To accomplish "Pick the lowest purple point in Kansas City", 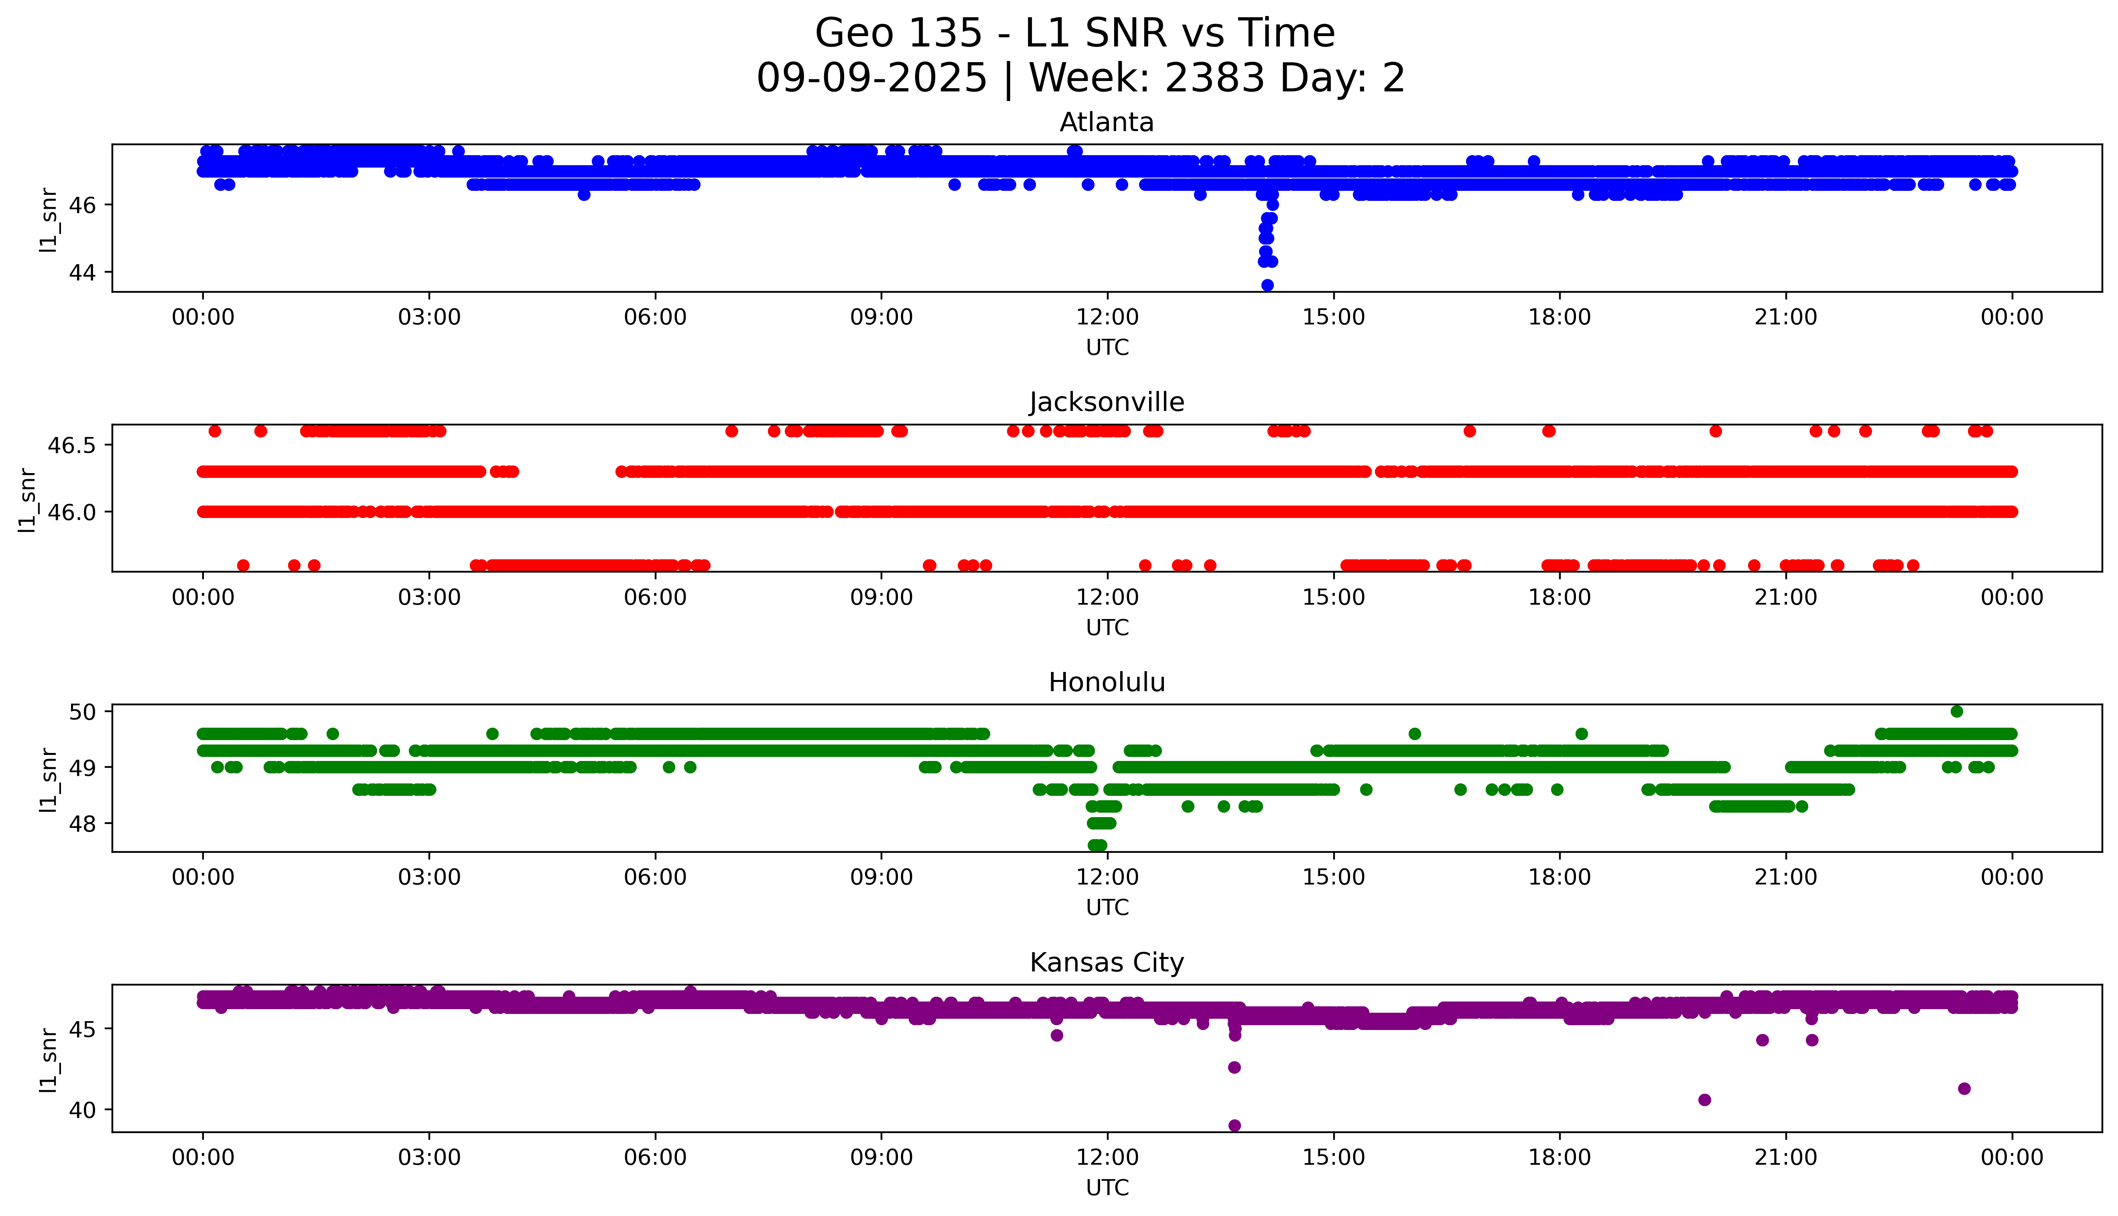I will pyautogui.click(x=1234, y=1125).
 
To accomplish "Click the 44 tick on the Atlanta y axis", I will pyautogui.click(x=87, y=272).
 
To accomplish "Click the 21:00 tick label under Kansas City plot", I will pyautogui.click(x=1785, y=1157).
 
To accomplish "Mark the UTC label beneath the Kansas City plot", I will pyautogui.click(x=1107, y=1187).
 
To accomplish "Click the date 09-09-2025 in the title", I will pyautogui.click(x=871, y=79).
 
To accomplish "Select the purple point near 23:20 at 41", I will pyautogui.click(x=1964, y=1088).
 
